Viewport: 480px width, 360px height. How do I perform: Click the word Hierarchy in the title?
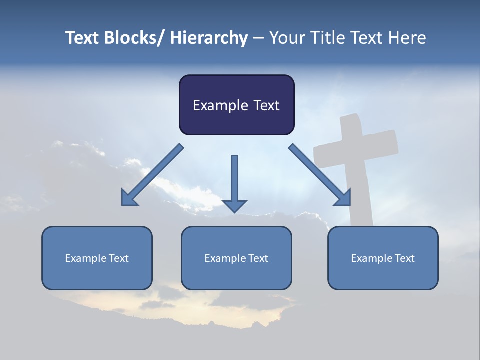coord(209,38)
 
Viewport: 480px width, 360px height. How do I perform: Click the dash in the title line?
coord(258,38)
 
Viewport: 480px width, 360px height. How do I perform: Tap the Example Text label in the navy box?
coord(236,105)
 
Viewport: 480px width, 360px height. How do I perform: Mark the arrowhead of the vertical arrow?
coord(234,205)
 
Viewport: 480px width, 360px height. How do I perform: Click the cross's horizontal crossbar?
coord(356,148)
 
